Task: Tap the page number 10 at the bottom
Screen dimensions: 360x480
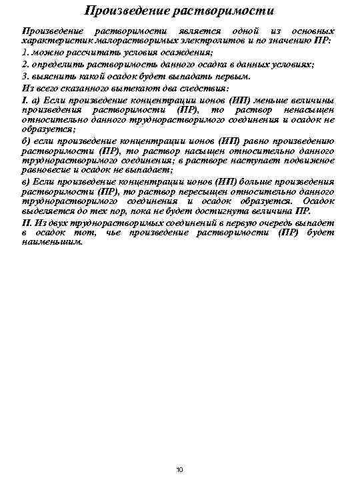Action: (179, 470)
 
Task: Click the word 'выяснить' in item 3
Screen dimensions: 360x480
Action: (51, 76)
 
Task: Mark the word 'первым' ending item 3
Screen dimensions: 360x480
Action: (233, 76)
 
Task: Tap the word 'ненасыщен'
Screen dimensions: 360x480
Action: (307, 109)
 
